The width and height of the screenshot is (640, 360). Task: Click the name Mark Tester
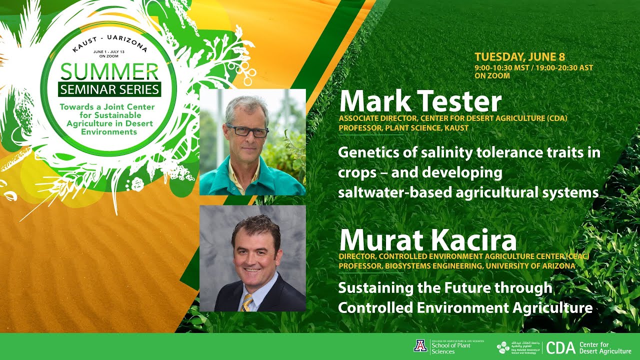420,101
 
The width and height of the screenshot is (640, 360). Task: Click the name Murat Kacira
427,240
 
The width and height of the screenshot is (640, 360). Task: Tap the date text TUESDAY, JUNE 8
520,57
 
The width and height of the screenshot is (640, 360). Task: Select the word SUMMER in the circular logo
109,73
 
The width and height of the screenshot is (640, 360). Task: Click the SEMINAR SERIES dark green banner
109,90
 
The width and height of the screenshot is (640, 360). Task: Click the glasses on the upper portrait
247,131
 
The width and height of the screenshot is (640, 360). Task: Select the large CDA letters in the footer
560,347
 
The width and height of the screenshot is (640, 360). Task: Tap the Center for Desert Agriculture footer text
604,348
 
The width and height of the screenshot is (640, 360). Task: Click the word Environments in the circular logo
109,132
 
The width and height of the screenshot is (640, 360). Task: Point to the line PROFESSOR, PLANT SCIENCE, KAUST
403,128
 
